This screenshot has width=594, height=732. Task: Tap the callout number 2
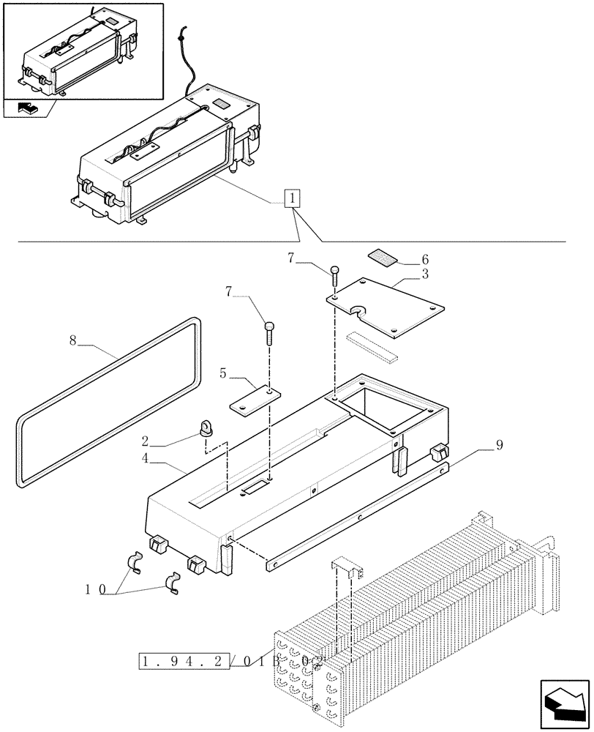pyautogui.click(x=146, y=441)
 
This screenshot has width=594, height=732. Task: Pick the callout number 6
pyautogui.click(x=424, y=259)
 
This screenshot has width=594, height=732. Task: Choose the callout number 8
pyautogui.click(x=72, y=340)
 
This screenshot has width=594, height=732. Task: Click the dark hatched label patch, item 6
pyautogui.click(x=381, y=255)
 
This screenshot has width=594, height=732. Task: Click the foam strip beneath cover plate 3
pyautogui.click(x=373, y=346)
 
